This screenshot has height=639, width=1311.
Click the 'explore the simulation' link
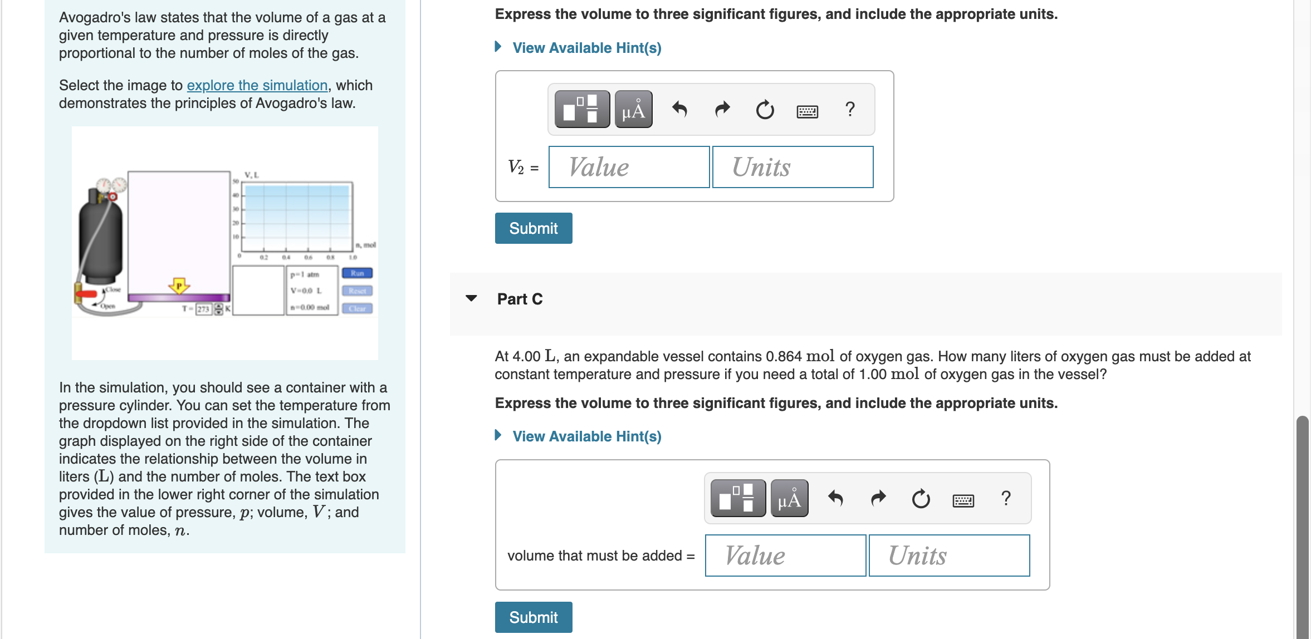pos(257,85)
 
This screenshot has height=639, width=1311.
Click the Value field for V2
pos(629,167)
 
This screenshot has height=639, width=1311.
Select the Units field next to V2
pos(793,167)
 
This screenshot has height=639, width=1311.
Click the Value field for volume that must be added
pos(785,556)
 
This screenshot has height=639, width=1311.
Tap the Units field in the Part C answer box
pos(949,556)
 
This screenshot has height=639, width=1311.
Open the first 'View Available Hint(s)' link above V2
pos(586,48)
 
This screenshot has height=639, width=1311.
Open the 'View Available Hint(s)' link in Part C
pos(586,436)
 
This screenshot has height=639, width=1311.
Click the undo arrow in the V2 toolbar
pos(679,109)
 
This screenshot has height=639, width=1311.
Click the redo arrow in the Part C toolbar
pos(878,498)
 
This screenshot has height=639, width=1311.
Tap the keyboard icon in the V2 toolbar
pos(807,111)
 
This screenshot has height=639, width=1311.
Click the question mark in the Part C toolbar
pos(1006,498)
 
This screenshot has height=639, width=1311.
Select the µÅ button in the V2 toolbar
pos(633,109)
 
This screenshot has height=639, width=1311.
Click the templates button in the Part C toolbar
pos(738,498)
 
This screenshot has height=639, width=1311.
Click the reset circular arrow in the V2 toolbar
pos(765,110)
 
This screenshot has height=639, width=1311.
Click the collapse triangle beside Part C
pos(471,298)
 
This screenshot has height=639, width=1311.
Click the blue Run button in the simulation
pos(357,273)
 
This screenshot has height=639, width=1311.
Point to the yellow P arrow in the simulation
pos(179,286)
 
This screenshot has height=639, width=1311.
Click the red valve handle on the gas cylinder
pos(86,293)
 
